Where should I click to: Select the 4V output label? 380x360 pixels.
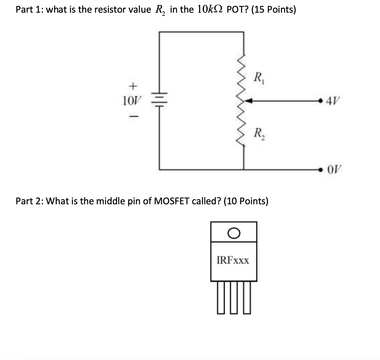(333, 101)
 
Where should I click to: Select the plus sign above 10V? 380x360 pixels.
(133, 86)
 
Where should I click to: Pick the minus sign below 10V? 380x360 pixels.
(132, 116)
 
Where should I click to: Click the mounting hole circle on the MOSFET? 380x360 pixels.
(234, 232)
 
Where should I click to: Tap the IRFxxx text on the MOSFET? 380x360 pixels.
(233, 261)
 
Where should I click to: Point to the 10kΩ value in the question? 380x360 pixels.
(206, 10)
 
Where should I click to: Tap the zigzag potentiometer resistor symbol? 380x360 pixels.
(242, 102)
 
